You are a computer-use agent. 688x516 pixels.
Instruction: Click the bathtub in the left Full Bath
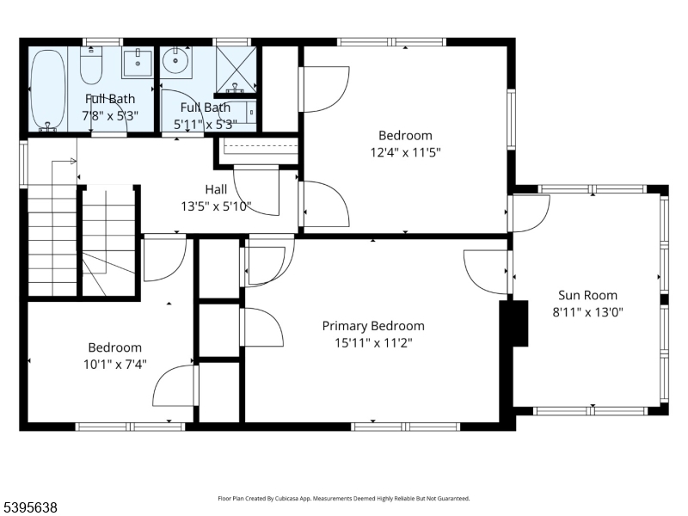point(48,89)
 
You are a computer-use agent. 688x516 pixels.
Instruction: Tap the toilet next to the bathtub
point(91,64)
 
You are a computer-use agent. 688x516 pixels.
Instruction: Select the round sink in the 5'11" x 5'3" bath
point(176,62)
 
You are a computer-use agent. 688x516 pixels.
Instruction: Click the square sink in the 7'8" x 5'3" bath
point(136,63)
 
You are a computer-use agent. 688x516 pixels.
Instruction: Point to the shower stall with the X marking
point(235,69)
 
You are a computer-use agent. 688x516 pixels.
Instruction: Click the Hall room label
point(216,189)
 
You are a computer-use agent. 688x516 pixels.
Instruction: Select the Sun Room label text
point(587,295)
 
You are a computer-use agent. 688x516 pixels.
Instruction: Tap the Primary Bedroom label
point(373,326)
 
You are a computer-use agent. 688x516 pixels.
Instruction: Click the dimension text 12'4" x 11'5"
point(405,151)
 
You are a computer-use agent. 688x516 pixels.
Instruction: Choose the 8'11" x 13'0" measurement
point(587,311)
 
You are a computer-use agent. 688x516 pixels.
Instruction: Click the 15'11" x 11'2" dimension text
point(373,342)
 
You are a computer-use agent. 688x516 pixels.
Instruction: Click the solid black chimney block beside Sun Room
point(516,322)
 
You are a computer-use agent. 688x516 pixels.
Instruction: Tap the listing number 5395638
point(30,508)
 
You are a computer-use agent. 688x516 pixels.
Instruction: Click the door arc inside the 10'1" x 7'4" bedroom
point(175,385)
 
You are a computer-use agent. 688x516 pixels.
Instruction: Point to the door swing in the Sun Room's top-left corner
point(531,213)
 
